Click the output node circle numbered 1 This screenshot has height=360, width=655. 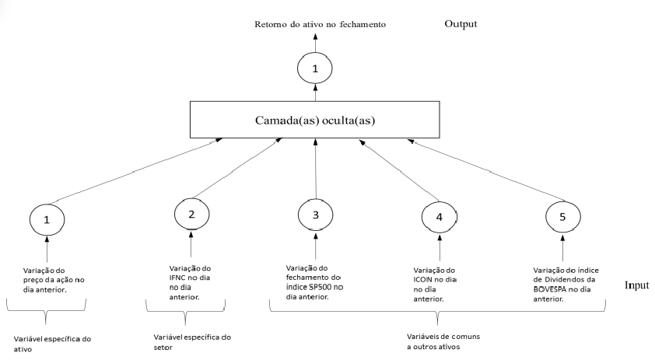pyautogui.click(x=315, y=69)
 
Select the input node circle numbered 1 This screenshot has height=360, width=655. pyautogui.click(x=47, y=220)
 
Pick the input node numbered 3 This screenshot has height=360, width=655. pyautogui.click(x=316, y=214)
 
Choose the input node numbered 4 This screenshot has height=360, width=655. pyautogui.click(x=439, y=218)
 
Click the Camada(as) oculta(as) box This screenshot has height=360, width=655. pyautogui.click(x=315, y=120)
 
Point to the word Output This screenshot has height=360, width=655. pyautogui.click(x=461, y=23)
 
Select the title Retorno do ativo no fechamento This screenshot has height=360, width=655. pyautogui.click(x=320, y=25)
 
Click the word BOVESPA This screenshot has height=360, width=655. pyautogui.click(x=555, y=288)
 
